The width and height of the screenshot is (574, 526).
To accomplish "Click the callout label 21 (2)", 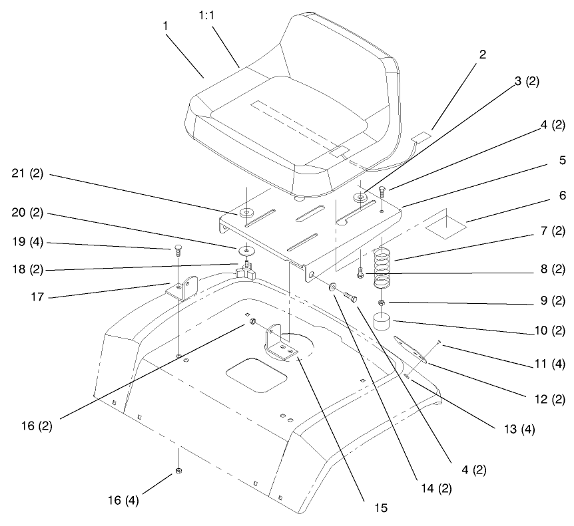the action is pyautogui.click(x=27, y=174).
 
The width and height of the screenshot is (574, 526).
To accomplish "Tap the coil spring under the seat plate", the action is pyautogui.click(x=382, y=268).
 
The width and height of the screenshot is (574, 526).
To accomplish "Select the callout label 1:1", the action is pyautogui.click(x=207, y=15).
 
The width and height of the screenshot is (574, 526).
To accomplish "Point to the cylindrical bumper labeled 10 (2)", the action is pyautogui.click(x=382, y=321).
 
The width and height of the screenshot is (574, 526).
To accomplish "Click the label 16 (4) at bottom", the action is pyautogui.click(x=123, y=500).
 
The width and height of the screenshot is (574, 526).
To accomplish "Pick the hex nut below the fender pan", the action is pyautogui.click(x=178, y=471).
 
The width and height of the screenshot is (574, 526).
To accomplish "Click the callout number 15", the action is pyautogui.click(x=381, y=508).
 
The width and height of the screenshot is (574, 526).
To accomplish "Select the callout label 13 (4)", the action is pyautogui.click(x=519, y=429).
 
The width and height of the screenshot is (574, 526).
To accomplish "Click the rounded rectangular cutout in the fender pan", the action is pyautogui.click(x=256, y=375).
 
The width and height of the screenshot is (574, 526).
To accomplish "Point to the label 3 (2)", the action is pyautogui.click(x=527, y=81).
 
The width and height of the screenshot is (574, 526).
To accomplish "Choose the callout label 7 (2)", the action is pyautogui.click(x=553, y=231).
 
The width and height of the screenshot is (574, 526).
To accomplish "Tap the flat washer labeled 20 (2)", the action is pyautogui.click(x=247, y=251).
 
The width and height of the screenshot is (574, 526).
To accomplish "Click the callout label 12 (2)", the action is pyautogui.click(x=550, y=399).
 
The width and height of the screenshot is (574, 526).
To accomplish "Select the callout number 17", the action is pyautogui.click(x=37, y=297).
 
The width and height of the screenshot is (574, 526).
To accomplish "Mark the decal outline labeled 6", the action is pyautogui.click(x=446, y=227).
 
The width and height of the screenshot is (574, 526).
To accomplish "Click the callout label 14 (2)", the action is pyautogui.click(x=436, y=488).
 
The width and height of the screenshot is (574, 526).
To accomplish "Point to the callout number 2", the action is pyautogui.click(x=483, y=55).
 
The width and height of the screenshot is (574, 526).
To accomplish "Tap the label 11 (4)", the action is pyautogui.click(x=550, y=364).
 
